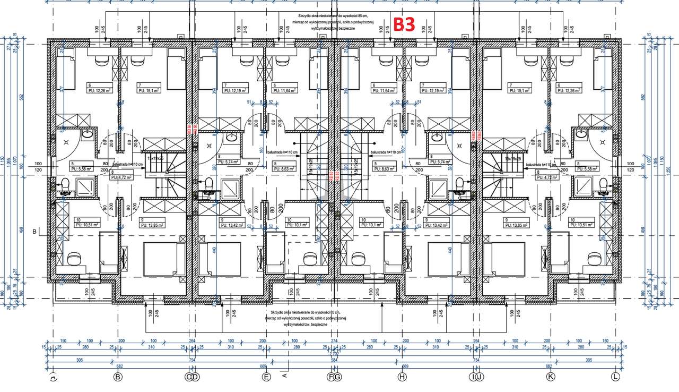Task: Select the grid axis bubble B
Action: (x=118, y=377)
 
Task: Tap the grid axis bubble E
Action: (x=266, y=377)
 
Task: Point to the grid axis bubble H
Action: (x=402, y=377)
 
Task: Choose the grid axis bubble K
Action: (x=551, y=377)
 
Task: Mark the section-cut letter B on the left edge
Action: (x=34, y=232)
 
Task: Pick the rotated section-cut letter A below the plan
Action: (x=284, y=376)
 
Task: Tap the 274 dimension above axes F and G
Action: (x=334, y=340)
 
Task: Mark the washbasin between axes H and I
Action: (x=436, y=137)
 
